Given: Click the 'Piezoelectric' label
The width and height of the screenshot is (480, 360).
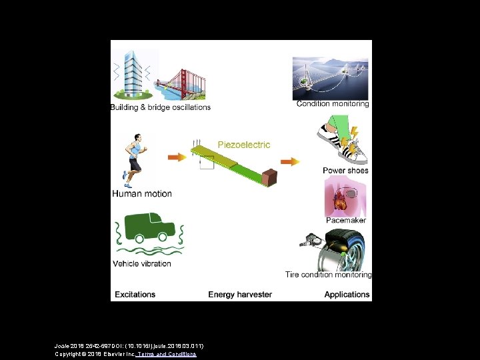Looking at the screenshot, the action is (x=243, y=145).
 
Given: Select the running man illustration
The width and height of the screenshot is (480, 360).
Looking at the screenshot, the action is (x=134, y=160).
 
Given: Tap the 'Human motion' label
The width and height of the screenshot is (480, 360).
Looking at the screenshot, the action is (x=141, y=194).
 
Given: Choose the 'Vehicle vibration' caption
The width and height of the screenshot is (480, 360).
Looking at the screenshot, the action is (x=141, y=263).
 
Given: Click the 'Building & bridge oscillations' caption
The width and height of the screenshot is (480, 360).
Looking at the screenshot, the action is (x=161, y=107).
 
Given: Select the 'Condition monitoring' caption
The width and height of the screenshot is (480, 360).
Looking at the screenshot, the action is (x=332, y=104).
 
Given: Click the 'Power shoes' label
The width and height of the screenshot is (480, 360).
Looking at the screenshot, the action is (x=345, y=171).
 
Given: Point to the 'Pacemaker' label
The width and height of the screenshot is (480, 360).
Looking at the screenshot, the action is (x=345, y=220).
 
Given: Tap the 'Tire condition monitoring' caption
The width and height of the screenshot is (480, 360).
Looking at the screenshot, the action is (x=328, y=275).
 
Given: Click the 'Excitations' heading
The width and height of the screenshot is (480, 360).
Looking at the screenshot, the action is (x=135, y=294).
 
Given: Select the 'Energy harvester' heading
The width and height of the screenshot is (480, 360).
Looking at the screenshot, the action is (x=240, y=294).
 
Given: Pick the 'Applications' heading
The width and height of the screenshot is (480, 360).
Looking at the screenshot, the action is (x=347, y=294).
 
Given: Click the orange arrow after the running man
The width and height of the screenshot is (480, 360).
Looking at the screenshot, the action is (x=177, y=157).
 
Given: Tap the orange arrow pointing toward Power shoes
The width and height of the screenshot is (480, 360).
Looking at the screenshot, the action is (x=290, y=161).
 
